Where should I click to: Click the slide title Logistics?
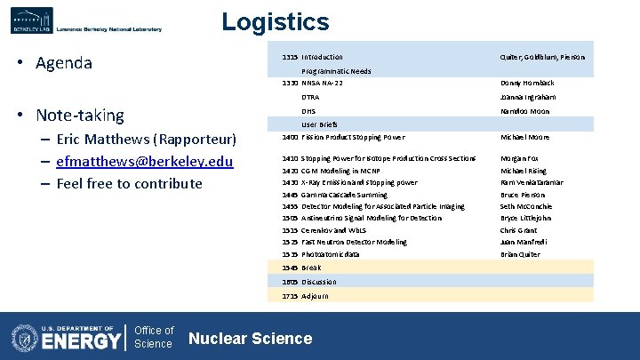pos(275,22)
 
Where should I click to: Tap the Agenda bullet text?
pos(63,63)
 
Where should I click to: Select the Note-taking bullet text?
pos(80,116)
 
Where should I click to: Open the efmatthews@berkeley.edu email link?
pos(144,161)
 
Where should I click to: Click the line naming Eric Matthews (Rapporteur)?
pos(146,139)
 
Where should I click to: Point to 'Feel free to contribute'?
pos(129,183)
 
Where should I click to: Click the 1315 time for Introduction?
pos(290,57)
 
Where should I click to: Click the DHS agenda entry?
pos(309,111)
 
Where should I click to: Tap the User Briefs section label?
pos(319,124)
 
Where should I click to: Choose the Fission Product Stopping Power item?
pos(353,137)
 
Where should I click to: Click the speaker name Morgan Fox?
pos(521,158)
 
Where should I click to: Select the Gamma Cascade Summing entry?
pos(344,195)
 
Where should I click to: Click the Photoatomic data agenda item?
pos(331,254)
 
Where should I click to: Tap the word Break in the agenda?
pos(311,268)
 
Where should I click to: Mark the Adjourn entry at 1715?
pos(315,295)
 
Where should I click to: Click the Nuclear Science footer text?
pos(251,338)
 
